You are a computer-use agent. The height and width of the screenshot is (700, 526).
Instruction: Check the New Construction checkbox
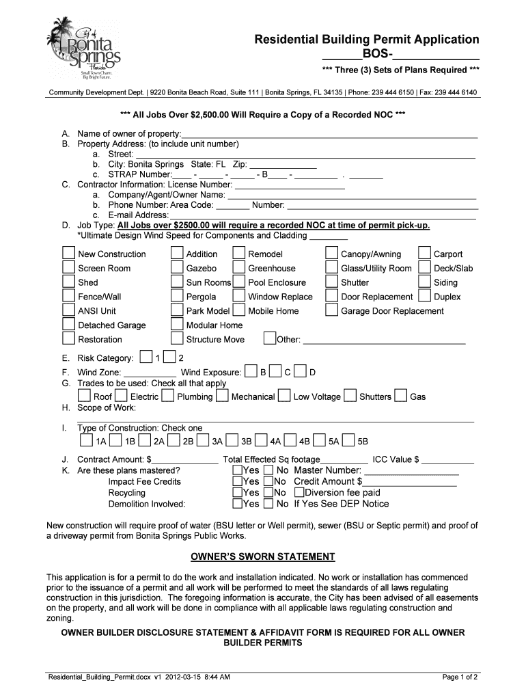(68, 254)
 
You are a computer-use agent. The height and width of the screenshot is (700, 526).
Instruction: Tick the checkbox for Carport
(424, 254)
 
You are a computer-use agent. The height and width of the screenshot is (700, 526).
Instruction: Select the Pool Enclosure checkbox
(238, 282)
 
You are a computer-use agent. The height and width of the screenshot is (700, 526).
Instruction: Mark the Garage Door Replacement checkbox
(331, 311)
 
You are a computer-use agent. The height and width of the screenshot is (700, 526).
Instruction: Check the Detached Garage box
(68, 325)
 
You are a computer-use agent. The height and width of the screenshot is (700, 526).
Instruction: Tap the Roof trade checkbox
(83, 396)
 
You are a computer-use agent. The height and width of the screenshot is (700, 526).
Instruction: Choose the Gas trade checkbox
(400, 396)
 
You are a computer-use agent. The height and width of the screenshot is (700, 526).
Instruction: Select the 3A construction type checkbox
(202, 440)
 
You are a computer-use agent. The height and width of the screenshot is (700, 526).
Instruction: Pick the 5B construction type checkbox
(348, 440)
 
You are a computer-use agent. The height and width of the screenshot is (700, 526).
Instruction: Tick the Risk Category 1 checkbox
(146, 358)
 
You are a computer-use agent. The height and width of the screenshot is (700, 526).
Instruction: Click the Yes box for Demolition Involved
(237, 504)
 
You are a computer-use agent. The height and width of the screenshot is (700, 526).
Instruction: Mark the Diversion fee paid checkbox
(299, 492)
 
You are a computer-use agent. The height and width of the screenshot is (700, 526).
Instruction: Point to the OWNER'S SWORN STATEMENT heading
(262, 556)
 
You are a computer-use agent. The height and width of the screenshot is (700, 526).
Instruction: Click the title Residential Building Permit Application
(366, 40)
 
